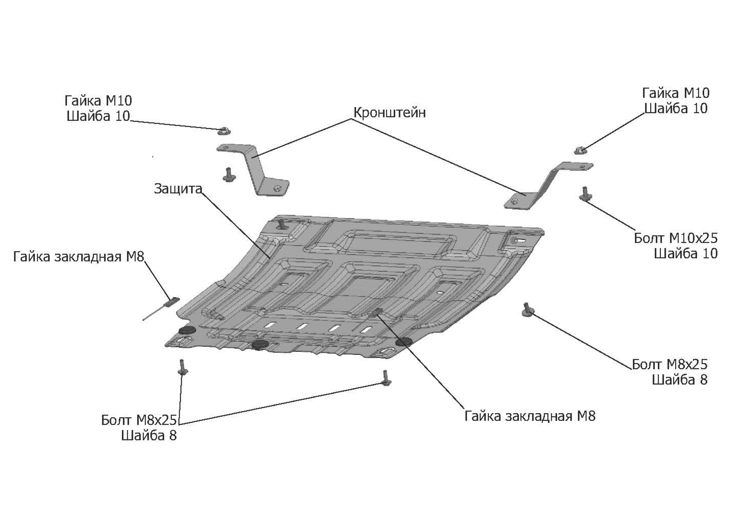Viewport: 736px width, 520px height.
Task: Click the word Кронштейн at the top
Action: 389,112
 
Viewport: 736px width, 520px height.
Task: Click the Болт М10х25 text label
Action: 675,238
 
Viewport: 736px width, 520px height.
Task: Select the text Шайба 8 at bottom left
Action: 149,435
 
